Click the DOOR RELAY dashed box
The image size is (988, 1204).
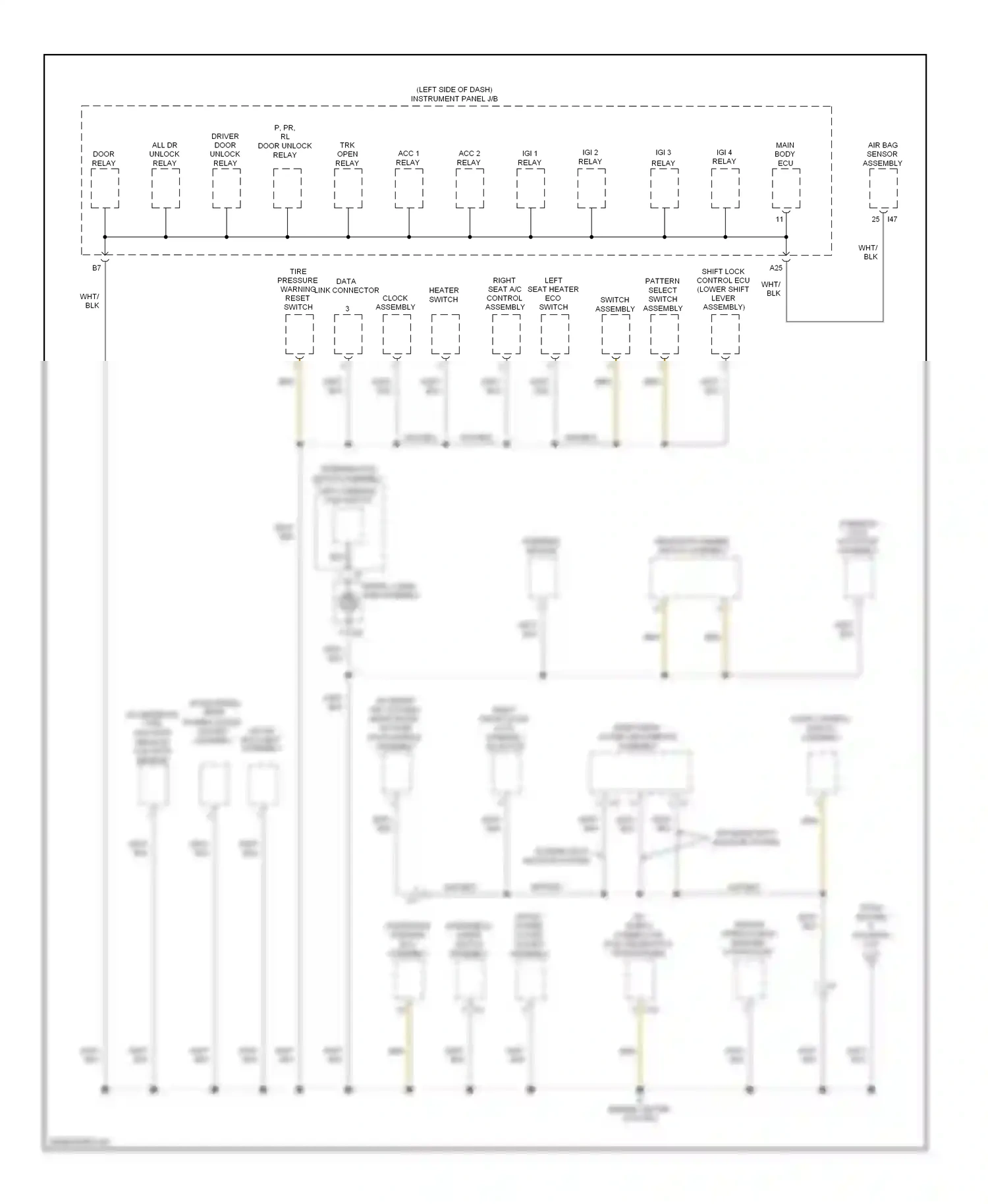[105, 188]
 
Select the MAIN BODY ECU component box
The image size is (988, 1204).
[786, 188]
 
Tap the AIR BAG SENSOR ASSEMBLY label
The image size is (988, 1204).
[882, 154]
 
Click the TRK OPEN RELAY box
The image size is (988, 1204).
[348, 188]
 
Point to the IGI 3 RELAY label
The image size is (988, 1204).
[663, 157]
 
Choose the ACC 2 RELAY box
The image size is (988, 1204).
[470, 188]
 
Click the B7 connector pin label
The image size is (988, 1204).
[97, 268]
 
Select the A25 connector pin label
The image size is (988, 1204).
[776, 268]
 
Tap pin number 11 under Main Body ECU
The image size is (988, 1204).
[779, 219]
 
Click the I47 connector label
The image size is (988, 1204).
[892, 219]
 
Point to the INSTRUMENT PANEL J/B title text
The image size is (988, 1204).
[454, 99]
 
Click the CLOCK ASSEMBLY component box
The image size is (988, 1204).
[397, 335]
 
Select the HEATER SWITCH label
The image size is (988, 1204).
[443, 294]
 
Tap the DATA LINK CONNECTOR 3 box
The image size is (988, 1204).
[348, 335]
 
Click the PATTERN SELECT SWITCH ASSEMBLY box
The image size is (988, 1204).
[664, 335]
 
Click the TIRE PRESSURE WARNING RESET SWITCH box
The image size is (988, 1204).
[299, 335]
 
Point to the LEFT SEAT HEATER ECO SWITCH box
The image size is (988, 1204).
[555, 335]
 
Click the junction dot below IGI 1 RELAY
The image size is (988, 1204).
[530, 236]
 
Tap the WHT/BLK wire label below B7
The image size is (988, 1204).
[90, 301]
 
